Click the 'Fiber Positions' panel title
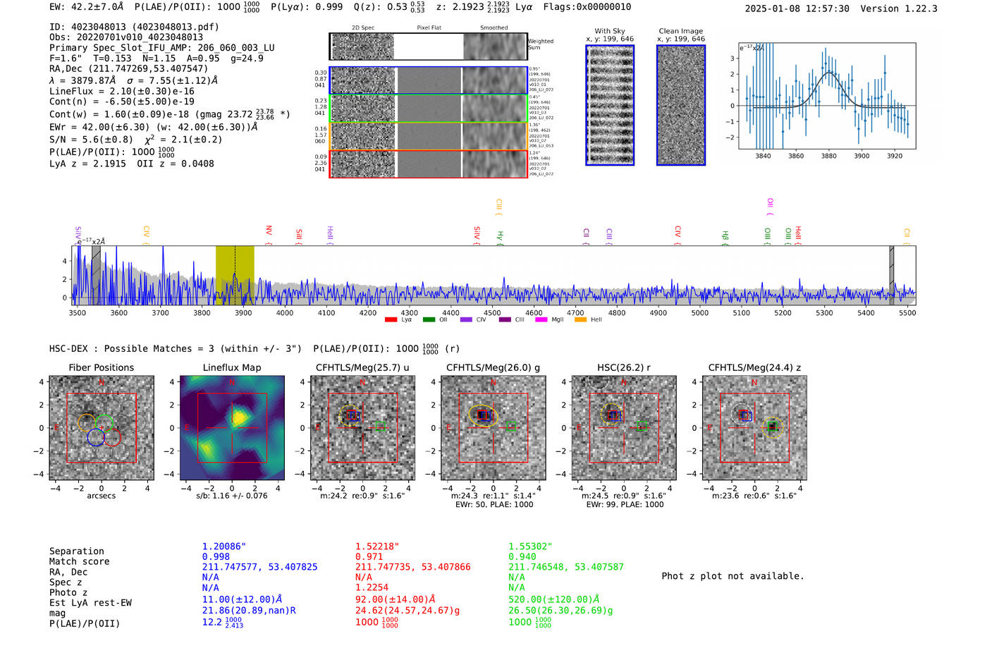tap(101, 367)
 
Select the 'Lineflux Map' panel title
tap(231, 367)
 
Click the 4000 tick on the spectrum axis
tap(285, 312)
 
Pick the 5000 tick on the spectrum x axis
tap(699, 312)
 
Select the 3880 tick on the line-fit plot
tap(828, 156)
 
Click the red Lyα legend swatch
tap(391, 319)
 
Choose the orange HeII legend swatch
tap(580, 319)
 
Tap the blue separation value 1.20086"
tap(224, 546)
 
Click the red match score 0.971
tap(369, 556)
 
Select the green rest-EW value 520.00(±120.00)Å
tap(553, 599)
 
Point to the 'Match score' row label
tap(79, 561)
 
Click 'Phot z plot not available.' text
tap(732, 576)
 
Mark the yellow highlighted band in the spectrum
tap(235, 275)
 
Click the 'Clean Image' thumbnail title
tap(680, 31)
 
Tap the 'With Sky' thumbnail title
tap(609, 31)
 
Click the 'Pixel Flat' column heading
tap(429, 28)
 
